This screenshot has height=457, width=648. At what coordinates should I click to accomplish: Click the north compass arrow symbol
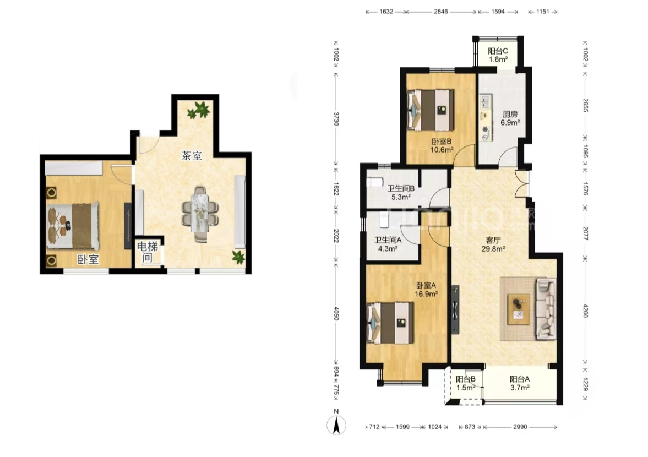tap(336, 425)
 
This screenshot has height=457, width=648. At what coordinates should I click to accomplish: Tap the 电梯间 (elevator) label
tap(148, 252)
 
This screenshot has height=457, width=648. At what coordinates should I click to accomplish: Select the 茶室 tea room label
tap(192, 156)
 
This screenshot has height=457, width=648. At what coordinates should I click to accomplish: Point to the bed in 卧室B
tap(431, 110)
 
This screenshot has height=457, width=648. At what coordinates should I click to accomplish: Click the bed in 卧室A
tap(390, 323)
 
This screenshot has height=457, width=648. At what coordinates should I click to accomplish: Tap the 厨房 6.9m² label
tap(510, 118)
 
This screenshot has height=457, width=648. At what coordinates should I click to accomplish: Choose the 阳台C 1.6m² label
tap(498, 55)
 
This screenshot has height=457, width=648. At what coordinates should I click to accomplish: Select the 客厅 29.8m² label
tap(493, 244)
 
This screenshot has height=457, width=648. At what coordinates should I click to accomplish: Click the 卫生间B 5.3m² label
tap(401, 193)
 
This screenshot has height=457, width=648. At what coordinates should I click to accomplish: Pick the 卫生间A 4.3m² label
tap(388, 244)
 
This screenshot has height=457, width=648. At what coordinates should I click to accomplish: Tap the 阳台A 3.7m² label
tap(520, 383)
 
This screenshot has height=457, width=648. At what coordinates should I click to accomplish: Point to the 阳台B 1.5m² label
tap(466, 383)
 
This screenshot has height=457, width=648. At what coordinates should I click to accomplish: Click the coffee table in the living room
tap(519, 309)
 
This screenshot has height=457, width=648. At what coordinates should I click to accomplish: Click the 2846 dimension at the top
tap(440, 12)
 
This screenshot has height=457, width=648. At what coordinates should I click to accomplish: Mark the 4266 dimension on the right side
tap(585, 311)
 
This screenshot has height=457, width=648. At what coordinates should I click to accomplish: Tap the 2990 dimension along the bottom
tap(520, 427)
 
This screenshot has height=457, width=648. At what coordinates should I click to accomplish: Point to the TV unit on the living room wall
tap(455, 309)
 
